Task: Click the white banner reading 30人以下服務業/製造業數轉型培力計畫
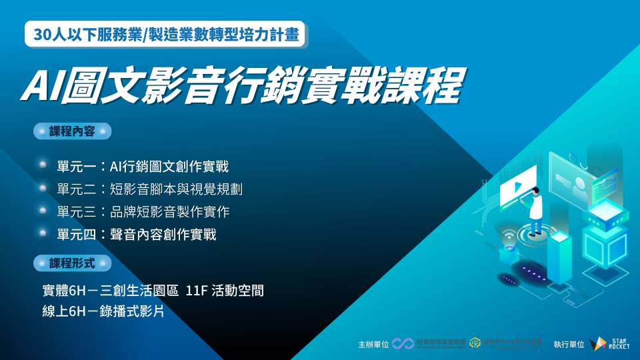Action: pyautogui.click(x=165, y=35)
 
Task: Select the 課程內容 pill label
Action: pyautogui.click(x=72, y=131)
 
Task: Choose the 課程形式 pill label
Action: pyautogui.click(x=72, y=263)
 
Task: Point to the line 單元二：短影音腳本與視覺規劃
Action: pyautogui.click(x=149, y=189)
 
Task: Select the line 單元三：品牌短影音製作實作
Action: pyautogui.click(x=143, y=212)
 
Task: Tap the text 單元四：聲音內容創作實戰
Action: pyautogui.click(x=137, y=235)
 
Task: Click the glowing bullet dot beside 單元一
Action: pyautogui.click(x=43, y=165)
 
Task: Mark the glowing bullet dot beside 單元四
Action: pyautogui.click(x=43, y=233)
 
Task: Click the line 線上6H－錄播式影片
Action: pyautogui.click(x=103, y=311)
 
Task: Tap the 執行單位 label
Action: pyautogui.click(x=568, y=345)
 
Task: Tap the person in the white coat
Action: pyautogui.click(x=535, y=210)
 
